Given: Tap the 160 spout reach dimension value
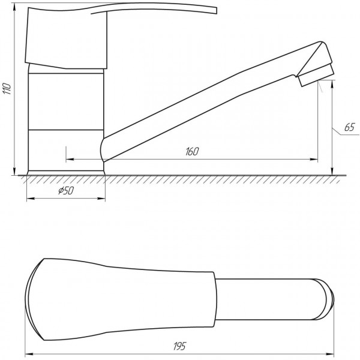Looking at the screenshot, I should [x=191, y=151].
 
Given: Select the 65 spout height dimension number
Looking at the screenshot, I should [x=350, y=127].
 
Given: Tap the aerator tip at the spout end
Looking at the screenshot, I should [x=316, y=71].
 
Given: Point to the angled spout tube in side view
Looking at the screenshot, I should [x=204, y=111].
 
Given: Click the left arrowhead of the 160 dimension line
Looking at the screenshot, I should [x=67, y=159].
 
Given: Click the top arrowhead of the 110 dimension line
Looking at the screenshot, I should [x=15, y=5].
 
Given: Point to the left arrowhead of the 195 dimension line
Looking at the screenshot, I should [x=27, y=352].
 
